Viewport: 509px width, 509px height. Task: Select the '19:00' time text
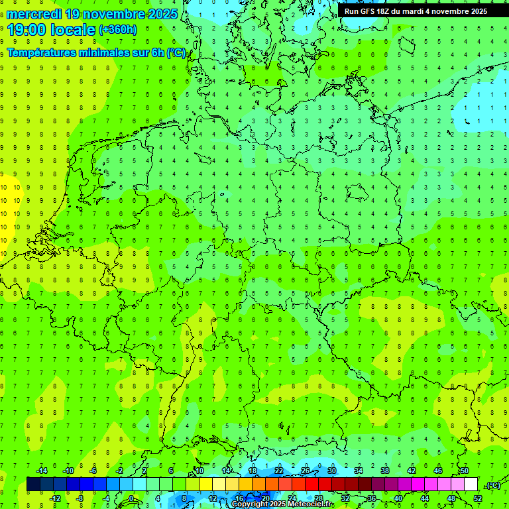pyautogui.click(x=27, y=30)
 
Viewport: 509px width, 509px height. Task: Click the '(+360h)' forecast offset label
pyautogui.click(x=118, y=30)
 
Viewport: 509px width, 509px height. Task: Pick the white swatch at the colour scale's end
pyautogui.click(x=471, y=484)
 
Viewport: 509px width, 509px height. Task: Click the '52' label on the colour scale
pyautogui.click(x=478, y=498)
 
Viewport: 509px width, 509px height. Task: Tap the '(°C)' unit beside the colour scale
pyautogui.click(x=493, y=485)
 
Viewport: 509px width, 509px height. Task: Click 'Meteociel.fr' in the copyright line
pyautogui.click(x=311, y=504)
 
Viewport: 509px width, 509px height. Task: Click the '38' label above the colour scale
pyautogui.click(x=384, y=471)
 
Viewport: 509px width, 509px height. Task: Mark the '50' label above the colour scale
pyautogui.click(x=464, y=471)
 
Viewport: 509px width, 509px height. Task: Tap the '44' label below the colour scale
pyautogui.click(x=424, y=498)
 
